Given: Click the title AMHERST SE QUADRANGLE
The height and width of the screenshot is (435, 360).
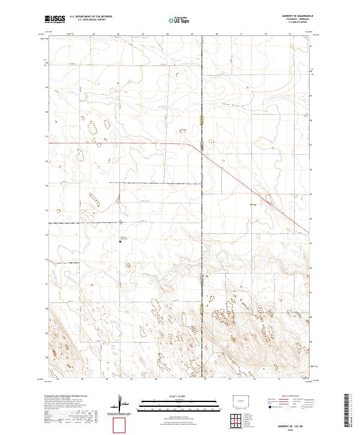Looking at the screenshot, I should (292, 16).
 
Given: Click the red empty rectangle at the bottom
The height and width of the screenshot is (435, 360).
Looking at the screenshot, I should (121, 424).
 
